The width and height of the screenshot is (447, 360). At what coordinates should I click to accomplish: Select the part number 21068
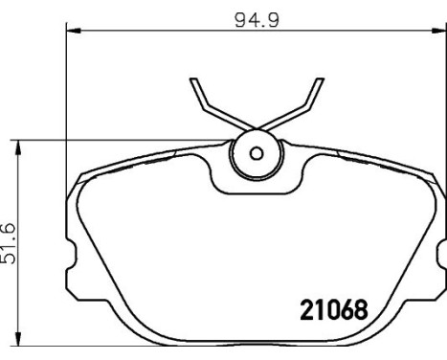coord(327,311)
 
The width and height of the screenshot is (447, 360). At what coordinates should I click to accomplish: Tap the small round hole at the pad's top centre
coord(256,152)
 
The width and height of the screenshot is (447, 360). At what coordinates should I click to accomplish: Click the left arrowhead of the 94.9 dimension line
coord(72,31)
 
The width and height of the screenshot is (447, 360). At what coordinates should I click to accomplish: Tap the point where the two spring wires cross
coord(256,128)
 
